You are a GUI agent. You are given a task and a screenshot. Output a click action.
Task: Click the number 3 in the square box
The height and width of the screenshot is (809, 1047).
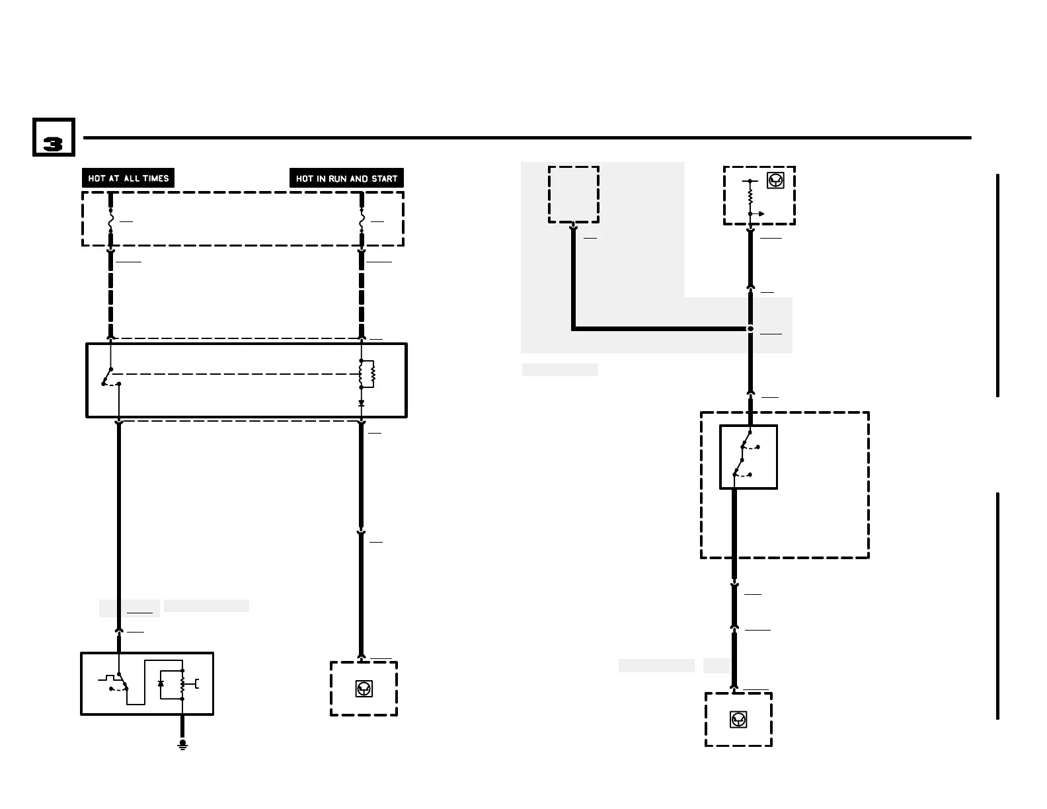(x=53, y=144)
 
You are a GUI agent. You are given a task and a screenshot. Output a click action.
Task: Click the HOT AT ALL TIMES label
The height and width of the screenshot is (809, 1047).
(x=128, y=178)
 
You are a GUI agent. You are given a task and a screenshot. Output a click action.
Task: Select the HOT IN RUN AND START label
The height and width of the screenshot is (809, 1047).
(x=346, y=178)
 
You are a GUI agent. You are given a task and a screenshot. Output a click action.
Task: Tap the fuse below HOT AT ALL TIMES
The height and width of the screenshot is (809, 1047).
(x=110, y=221)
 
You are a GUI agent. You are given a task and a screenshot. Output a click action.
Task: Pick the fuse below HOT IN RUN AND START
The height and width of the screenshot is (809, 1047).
(x=362, y=221)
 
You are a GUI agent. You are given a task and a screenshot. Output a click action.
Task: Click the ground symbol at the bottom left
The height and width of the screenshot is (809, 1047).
(x=182, y=744)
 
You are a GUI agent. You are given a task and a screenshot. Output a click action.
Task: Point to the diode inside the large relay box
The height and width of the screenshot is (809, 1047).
(x=361, y=403)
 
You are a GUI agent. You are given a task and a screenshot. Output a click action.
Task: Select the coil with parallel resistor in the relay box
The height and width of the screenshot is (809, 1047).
(x=366, y=374)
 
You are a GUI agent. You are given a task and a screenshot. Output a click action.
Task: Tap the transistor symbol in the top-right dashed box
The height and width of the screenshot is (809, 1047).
(x=775, y=180)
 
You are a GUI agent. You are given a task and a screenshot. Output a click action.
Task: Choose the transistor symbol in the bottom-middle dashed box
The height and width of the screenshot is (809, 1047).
(x=364, y=689)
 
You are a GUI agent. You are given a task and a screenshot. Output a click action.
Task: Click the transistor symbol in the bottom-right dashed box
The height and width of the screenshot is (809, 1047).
(x=738, y=720)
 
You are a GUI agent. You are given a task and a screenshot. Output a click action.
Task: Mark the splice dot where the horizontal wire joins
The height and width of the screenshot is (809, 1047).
(x=750, y=328)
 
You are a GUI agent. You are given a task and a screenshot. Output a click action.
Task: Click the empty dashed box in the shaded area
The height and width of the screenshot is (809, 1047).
(x=574, y=194)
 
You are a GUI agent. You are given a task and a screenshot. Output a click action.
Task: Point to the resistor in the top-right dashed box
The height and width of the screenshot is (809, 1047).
(x=750, y=197)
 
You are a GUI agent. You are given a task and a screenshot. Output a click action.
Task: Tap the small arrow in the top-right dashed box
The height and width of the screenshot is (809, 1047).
(x=760, y=214)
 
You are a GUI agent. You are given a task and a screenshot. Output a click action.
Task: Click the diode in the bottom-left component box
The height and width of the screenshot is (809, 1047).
(x=161, y=683)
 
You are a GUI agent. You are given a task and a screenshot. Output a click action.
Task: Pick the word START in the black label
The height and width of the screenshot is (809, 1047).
(x=384, y=178)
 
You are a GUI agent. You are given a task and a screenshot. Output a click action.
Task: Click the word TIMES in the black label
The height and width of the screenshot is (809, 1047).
(x=156, y=178)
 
